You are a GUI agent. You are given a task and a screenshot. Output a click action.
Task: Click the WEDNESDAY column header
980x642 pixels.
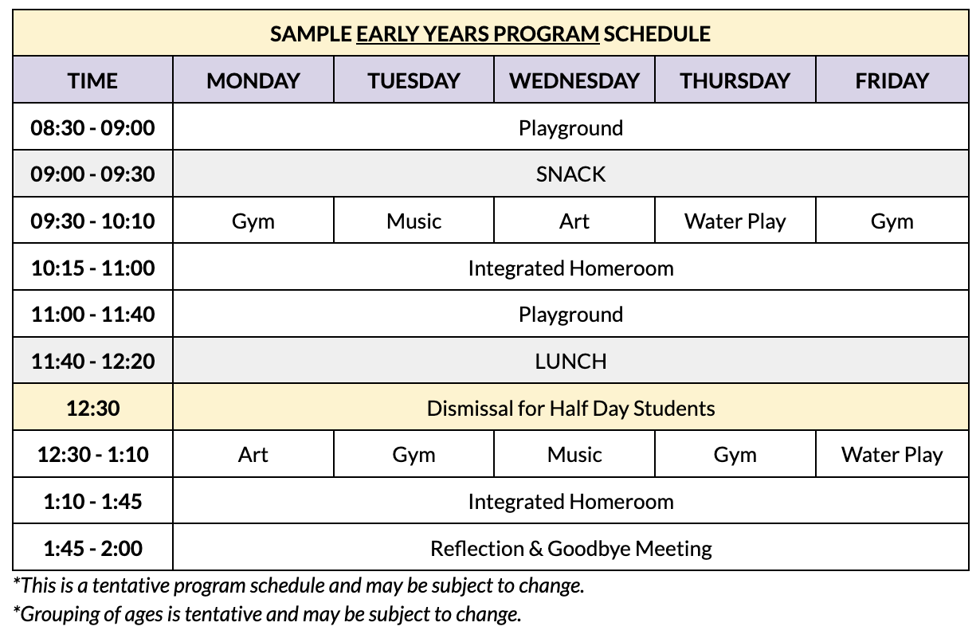pyautogui.click(x=574, y=80)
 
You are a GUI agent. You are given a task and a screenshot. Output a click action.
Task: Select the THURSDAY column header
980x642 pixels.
pyautogui.click(x=735, y=80)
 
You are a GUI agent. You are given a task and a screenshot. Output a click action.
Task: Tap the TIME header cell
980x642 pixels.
pyautogui.click(x=92, y=80)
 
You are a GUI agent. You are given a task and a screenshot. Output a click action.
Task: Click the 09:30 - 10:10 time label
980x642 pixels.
pyautogui.click(x=92, y=221)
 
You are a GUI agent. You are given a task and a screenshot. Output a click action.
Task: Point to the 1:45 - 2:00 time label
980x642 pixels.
pyautogui.click(x=92, y=548)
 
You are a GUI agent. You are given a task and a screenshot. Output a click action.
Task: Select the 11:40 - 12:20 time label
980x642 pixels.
pyautogui.click(x=92, y=361)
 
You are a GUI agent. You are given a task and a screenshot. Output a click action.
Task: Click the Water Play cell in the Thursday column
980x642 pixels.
pyautogui.click(x=735, y=221)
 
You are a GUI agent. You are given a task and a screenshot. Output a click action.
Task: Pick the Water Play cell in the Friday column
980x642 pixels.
pyautogui.click(x=892, y=455)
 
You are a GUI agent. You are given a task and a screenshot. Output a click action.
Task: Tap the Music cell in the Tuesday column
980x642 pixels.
pyautogui.click(x=414, y=221)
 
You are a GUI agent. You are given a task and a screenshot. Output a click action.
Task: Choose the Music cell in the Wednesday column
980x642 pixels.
pyautogui.click(x=574, y=455)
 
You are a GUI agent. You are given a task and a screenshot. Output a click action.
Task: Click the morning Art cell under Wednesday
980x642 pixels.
pyautogui.click(x=574, y=221)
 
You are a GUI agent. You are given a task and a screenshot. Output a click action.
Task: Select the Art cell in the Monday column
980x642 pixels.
pyautogui.click(x=253, y=455)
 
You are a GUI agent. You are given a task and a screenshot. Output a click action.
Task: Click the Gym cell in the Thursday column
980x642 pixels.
pyautogui.click(x=735, y=455)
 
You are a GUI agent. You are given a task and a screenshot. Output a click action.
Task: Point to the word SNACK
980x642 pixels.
pyautogui.click(x=570, y=174)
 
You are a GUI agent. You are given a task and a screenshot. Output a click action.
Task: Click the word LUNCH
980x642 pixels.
pyautogui.click(x=570, y=361)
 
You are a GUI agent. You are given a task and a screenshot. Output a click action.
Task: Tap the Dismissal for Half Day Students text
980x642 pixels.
pyautogui.click(x=570, y=409)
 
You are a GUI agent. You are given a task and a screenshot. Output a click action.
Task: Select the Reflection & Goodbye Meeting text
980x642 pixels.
pyautogui.click(x=570, y=548)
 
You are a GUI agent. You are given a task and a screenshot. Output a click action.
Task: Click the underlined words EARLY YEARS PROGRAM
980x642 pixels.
pyautogui.click(x=477, y=34)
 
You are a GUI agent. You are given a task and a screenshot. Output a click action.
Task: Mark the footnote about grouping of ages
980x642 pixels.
pyautogui.click(x=268, y=614)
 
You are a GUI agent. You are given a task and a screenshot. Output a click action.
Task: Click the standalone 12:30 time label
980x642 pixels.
pyautogui.click(x=92, y=409)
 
